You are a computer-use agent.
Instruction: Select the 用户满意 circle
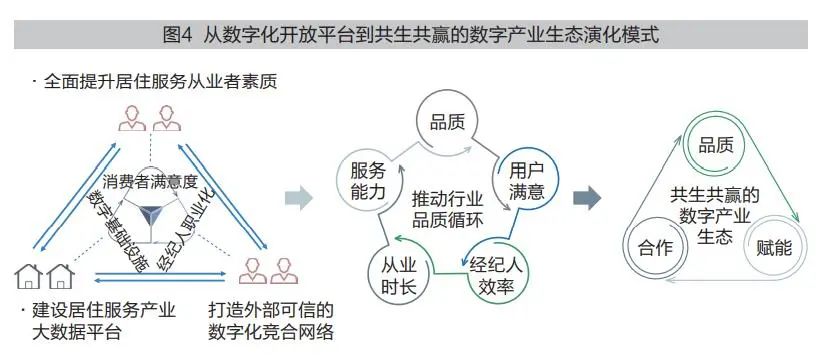[526, 178]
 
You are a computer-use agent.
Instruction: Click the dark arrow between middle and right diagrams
[587, 196]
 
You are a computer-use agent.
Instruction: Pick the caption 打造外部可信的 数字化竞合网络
[270, 321]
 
